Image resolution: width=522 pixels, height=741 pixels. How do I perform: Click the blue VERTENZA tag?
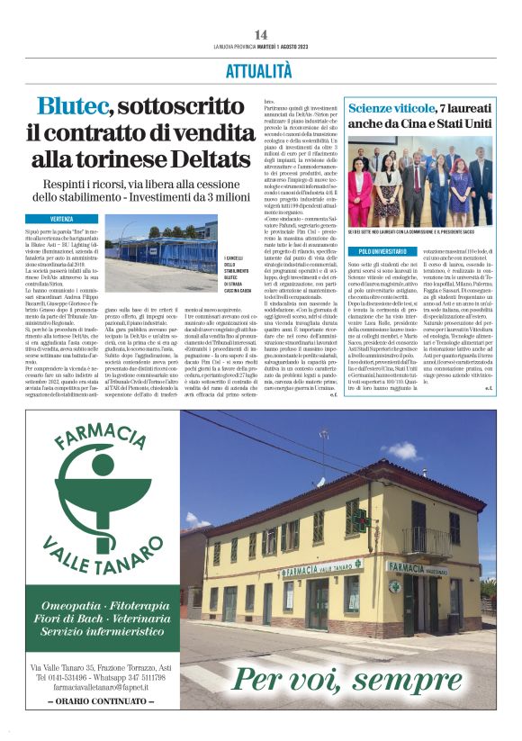coord(75,219)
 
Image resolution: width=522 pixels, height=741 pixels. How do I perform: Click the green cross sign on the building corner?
coord(362,522)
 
